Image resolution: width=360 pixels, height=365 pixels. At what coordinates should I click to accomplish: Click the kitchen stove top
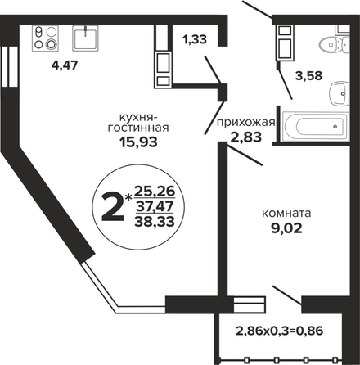click(46, 38)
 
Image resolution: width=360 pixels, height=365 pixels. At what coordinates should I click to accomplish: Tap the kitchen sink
click(85, 38)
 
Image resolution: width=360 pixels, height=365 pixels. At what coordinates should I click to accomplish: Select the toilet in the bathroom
click(334, 44)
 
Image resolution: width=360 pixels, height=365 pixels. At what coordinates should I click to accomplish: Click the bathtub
click(316, 127)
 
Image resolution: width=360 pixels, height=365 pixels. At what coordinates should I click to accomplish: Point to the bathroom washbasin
click(340, 93)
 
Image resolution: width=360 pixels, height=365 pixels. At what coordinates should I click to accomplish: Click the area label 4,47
click(65, 65)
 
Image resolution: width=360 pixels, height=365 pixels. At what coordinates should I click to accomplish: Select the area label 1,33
click(195, 39)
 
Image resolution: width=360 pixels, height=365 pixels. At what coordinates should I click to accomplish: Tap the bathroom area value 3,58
click(309, 75)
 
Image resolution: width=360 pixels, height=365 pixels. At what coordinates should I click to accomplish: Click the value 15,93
click(138, 142)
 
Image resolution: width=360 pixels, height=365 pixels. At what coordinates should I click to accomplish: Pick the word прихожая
click(245, 123)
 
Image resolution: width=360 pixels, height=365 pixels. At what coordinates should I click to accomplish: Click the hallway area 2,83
click(246, 137)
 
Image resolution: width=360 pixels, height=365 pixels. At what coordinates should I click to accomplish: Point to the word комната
click(286, 214)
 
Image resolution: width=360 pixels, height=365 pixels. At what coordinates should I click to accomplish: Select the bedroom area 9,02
click(286, 228)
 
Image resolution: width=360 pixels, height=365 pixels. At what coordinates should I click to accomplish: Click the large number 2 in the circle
click(112, 206)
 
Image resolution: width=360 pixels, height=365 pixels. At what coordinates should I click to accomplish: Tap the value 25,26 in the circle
click(155, 192)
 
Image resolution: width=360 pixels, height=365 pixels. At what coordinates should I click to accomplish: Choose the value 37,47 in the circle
click(155, 206)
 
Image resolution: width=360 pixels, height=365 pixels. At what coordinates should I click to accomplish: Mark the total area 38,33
click(155, 222)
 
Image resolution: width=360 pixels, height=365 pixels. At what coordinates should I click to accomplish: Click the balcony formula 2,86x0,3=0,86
click(280, 331)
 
